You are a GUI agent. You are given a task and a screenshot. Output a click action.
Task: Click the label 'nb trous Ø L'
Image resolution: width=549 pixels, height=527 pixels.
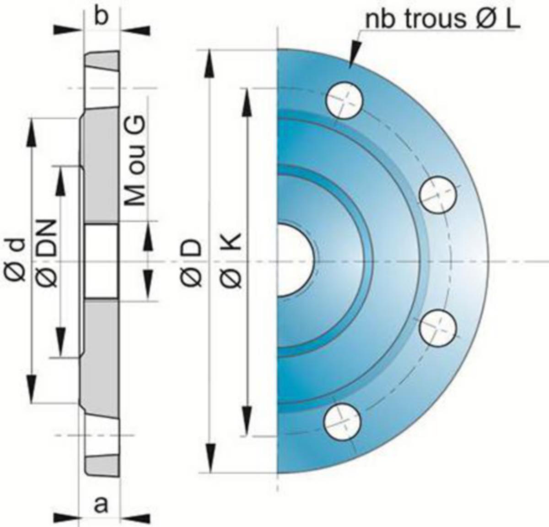[x=443, y=20]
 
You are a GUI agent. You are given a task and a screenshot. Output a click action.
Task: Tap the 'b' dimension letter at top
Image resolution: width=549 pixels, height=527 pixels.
[x=101, y=17]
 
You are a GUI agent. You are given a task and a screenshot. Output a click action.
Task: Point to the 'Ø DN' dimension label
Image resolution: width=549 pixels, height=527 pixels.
[x=47, y=253]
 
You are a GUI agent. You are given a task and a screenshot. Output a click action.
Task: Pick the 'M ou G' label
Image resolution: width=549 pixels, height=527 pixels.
[x=135, y=160]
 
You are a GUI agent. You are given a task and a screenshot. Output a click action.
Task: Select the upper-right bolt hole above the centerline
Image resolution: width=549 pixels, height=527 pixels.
[x=438, y=196]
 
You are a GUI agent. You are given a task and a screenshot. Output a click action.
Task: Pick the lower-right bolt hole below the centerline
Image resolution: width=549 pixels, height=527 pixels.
[x=438, y=328]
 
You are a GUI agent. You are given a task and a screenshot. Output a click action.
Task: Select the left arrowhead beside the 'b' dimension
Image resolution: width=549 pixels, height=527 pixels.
[x=69, y=29]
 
